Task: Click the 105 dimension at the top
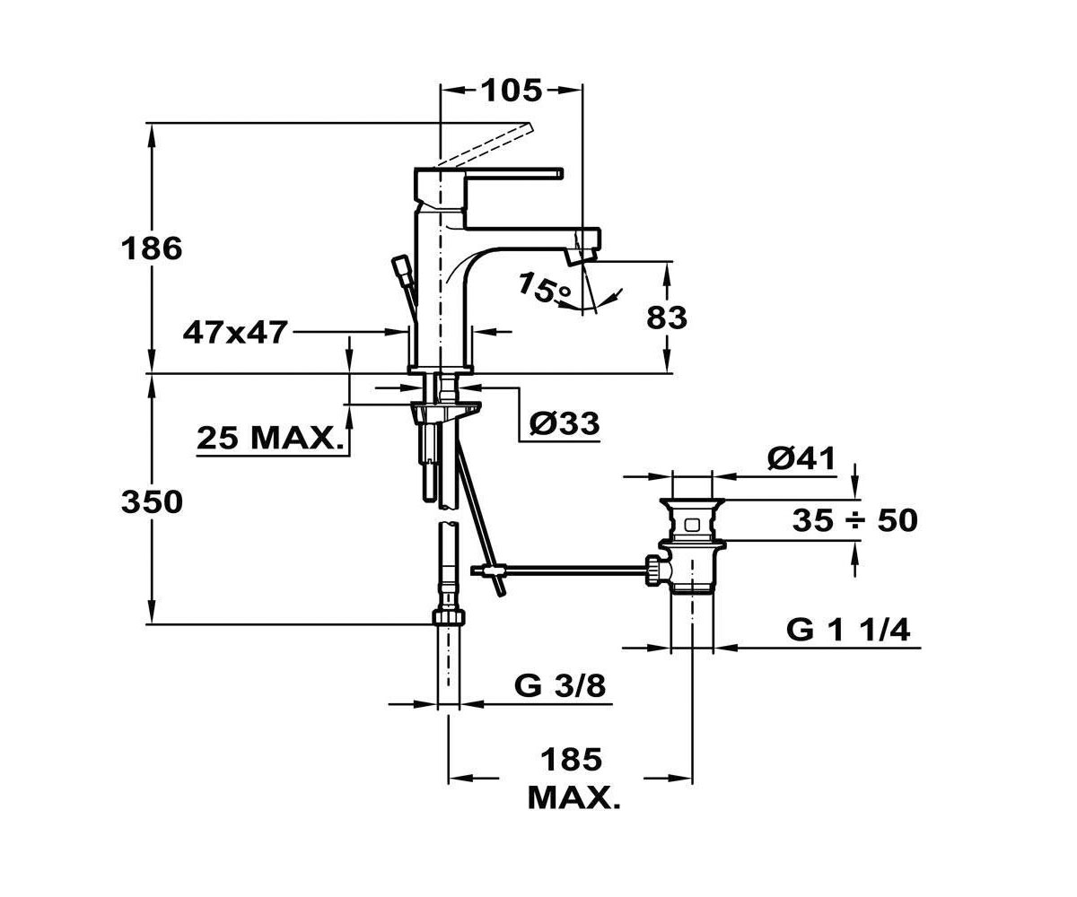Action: click(512, 91)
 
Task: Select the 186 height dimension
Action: click(152, 248)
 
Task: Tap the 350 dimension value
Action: click(152, 501)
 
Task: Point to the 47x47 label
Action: click(234, 333)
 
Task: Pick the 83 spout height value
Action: click(667, 318)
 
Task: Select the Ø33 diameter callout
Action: click(565, 423)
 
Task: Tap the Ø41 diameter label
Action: click(801, 457)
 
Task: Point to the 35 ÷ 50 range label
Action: click(855, 520)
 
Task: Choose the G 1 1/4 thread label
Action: click(848, 630)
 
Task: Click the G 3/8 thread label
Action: click(560, 686)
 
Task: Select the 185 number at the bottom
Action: click(572, 760)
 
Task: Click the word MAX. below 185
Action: click(574, 798)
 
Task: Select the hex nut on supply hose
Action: click(449, 616)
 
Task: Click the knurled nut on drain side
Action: click(653, 570)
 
